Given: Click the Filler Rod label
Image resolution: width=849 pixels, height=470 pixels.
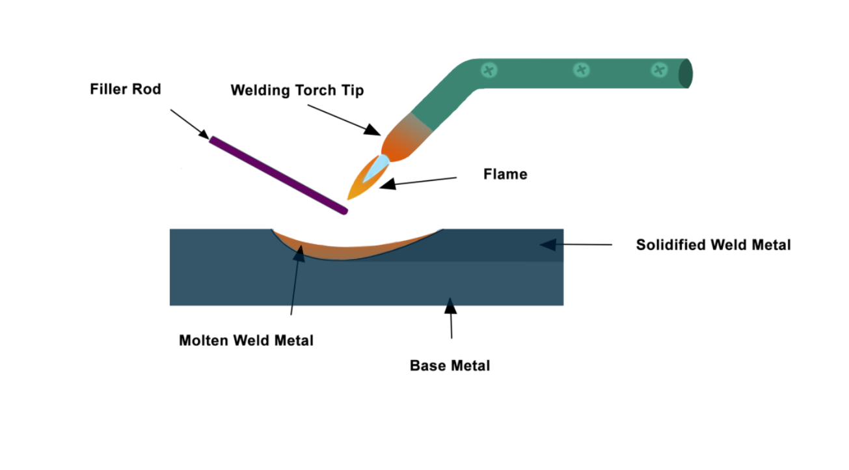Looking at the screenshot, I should (x=125, y=89).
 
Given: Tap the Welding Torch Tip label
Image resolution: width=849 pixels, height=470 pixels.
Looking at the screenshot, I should (x=297, y=90).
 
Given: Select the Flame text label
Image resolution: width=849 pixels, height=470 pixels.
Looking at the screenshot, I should (x=505, y=174).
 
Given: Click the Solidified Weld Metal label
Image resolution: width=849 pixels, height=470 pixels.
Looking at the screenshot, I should (x=713, y=245).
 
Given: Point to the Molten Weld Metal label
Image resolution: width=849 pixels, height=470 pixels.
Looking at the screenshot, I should (x=246, y=340).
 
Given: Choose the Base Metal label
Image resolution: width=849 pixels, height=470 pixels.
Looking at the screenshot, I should (x=450, y=366).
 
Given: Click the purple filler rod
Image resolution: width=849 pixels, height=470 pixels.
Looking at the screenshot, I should (x=278, y=174).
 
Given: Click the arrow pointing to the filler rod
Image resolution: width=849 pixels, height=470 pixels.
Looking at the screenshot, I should (x=189, y=124).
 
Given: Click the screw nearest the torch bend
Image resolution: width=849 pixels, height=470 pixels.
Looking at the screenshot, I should (x=488, y=70).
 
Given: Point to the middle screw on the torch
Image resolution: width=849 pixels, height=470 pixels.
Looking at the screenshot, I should (x=580, y=70).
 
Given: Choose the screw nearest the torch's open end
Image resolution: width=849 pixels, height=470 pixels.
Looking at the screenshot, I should (x=660, y=70).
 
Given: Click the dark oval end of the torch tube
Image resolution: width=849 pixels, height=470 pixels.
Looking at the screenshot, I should (x=685, y=73).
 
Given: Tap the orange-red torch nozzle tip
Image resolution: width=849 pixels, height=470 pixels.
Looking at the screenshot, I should (x=398, y=142).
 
